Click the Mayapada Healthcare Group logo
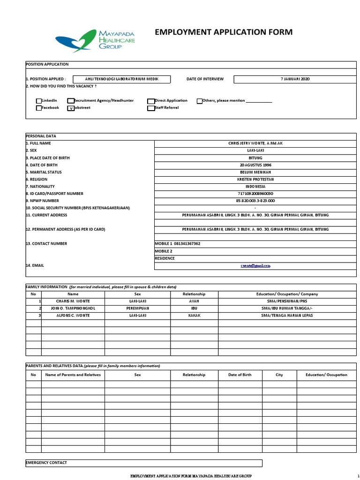(x=95, y=40)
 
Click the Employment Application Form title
(x=224, y=32)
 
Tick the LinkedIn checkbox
(x=39, y=101)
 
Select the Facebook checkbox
(x=39, y=108)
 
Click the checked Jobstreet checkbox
(x=71, y=108)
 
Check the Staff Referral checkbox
(x=150, y=108)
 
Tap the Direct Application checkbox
(x=150, y=101)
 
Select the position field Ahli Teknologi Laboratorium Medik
(x=121, y=79)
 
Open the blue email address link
(x=255, y=266)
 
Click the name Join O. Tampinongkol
(x=73, y=308)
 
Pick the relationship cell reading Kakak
(x=194, y=315)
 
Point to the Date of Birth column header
(x=240, y=375)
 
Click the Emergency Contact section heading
(x=46, y=463)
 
